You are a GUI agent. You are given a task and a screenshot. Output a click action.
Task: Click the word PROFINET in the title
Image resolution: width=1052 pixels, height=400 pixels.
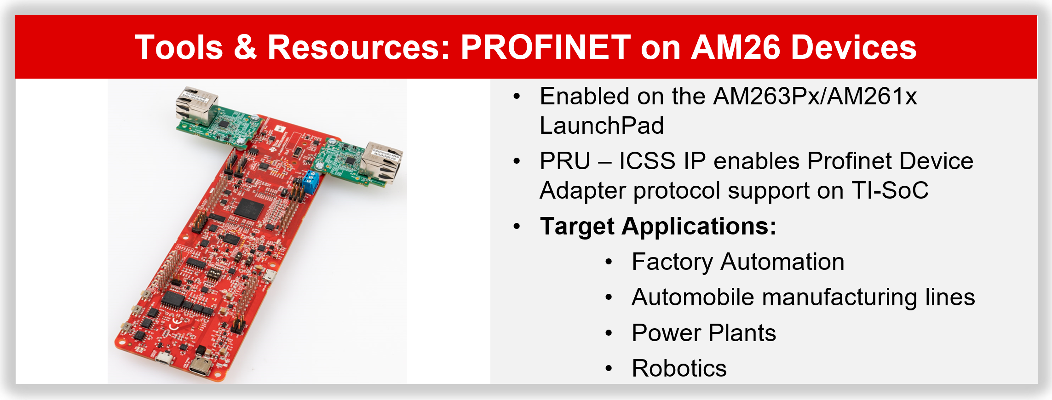point(546,47)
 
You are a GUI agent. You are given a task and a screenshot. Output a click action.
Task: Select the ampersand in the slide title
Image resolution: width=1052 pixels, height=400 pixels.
point(245,47)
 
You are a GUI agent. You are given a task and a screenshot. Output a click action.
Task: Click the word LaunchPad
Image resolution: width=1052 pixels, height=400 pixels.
point(602,126)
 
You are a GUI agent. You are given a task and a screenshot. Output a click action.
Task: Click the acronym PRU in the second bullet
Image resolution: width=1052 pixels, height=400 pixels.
point(565,161)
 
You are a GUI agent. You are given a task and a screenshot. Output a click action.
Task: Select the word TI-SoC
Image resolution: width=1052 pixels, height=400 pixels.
point(890,190)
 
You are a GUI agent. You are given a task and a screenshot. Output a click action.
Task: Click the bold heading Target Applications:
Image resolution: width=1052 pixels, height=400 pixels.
point(658,226)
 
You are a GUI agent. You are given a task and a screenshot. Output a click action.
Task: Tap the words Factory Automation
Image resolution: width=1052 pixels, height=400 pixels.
point(738,262)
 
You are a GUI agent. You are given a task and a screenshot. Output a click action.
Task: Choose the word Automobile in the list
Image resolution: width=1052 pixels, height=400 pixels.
point(693,297)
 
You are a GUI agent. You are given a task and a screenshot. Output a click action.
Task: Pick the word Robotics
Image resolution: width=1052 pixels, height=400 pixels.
point(679,368)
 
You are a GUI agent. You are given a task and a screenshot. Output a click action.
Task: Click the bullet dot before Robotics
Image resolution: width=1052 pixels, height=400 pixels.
point(609,369)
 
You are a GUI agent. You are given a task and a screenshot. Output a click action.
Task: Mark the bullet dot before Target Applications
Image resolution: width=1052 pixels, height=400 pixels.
point(517,227)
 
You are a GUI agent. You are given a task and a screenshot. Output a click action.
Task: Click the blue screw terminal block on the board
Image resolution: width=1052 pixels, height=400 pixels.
point(311,182)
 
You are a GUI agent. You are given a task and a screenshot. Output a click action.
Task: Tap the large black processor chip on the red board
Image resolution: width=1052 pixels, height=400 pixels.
point(249,209)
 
